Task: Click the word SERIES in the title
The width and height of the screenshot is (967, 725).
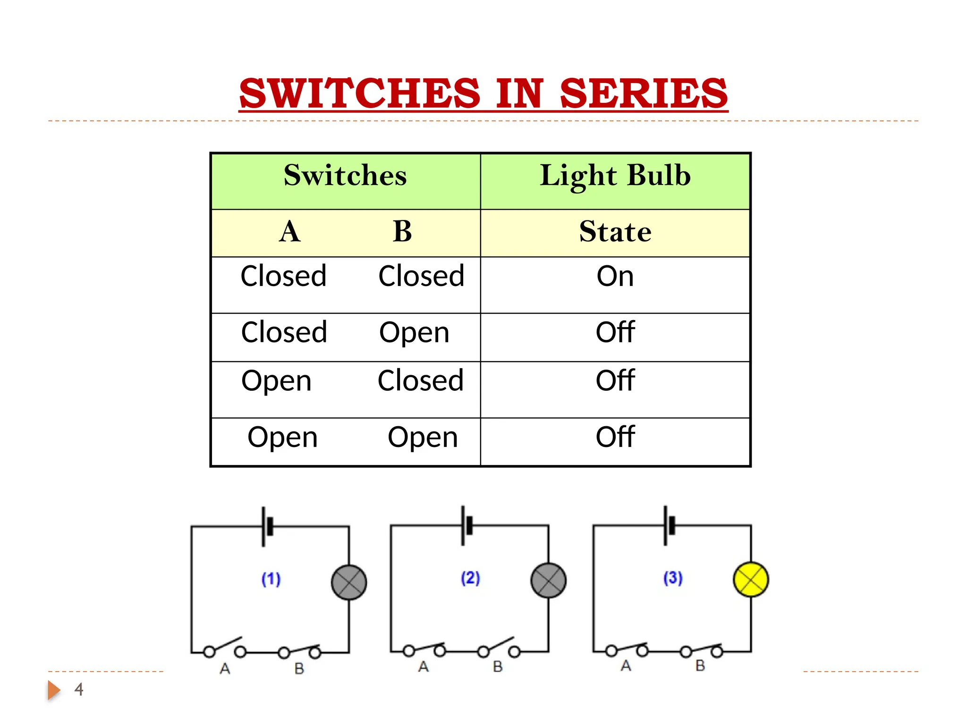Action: point(643,93)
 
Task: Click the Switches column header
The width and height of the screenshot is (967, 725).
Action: point(345,176)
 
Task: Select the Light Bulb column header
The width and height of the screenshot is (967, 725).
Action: point(615,176)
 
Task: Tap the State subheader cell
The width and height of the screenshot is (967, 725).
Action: point(615,232)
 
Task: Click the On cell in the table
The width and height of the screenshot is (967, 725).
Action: point(615,276)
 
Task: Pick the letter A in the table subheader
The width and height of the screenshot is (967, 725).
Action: point(289,232)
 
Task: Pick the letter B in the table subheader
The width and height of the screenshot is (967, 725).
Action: point(402,232)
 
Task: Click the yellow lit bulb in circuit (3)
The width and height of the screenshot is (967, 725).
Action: point(751,579)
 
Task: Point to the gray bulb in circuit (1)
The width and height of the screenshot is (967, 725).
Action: point(349,582)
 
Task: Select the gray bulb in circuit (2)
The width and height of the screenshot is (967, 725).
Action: point(548,581)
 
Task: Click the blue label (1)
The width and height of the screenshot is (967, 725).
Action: point(271,579)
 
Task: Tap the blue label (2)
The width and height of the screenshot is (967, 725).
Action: point(470,578)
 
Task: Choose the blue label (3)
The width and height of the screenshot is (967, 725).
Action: point(673,578)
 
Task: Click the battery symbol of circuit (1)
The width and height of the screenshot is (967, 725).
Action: point(267,527)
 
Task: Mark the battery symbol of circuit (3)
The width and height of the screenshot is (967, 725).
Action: point(669,525)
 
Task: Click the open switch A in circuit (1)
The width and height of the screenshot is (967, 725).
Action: point(225,648)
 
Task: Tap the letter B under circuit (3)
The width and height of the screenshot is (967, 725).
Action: point(700,666)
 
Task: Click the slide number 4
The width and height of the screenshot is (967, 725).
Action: point(79,690)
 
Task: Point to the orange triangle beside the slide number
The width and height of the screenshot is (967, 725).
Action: point(53,690)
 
